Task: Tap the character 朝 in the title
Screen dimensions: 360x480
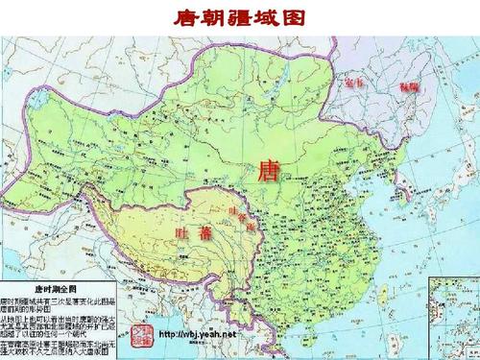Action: click(x=216, y=16)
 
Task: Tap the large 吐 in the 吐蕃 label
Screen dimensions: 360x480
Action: click(x=184, y=232)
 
